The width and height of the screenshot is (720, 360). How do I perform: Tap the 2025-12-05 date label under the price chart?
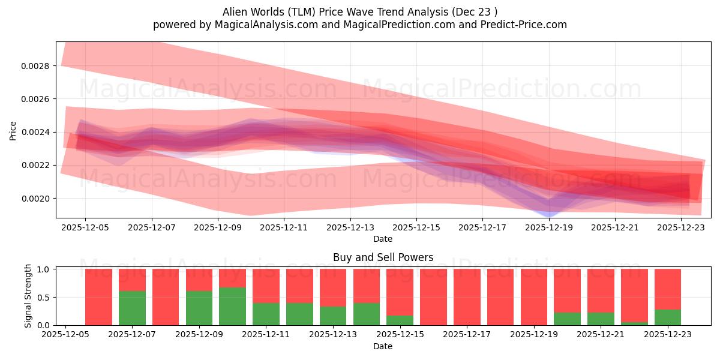click(x=85, y=228)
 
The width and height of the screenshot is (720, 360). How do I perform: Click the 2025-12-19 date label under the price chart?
click(x=548, y=228)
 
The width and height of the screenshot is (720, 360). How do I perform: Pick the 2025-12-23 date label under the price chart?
click(x=681, y=228)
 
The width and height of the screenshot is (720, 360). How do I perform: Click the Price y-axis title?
click(x=13, y=130)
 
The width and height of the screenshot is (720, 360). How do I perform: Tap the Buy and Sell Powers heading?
click(x=383, y=257)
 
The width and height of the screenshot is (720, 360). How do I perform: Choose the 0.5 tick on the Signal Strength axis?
click(x=44, y=298)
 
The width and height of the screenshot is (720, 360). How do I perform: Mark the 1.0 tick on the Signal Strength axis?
click(x=44, y=269)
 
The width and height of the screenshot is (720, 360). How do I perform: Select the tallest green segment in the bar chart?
click(x=232, y=306)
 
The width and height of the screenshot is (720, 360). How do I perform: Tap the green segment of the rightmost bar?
click(x=667, y=317)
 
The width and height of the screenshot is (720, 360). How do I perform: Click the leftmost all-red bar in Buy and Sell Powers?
click(x=98, y=297)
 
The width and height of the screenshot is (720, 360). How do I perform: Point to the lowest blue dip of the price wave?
click(x=548, y=212)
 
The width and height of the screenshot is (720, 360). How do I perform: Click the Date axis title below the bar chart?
click(x=383, y=346)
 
